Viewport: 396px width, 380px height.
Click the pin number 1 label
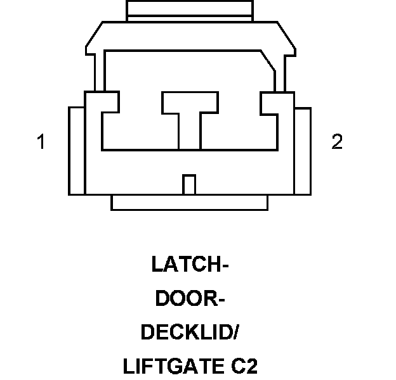(41, 142)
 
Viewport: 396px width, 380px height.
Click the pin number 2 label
(337, 142)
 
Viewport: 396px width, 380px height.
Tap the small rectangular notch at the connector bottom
(188, 184)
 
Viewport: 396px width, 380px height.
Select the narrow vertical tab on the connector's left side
(76, 151)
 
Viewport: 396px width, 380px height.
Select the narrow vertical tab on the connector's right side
(302, 151)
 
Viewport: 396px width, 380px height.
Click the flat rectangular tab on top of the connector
(189, 9)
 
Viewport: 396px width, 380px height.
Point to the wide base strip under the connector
(189, 202)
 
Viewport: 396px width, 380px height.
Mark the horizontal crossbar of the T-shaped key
(189, 103)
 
